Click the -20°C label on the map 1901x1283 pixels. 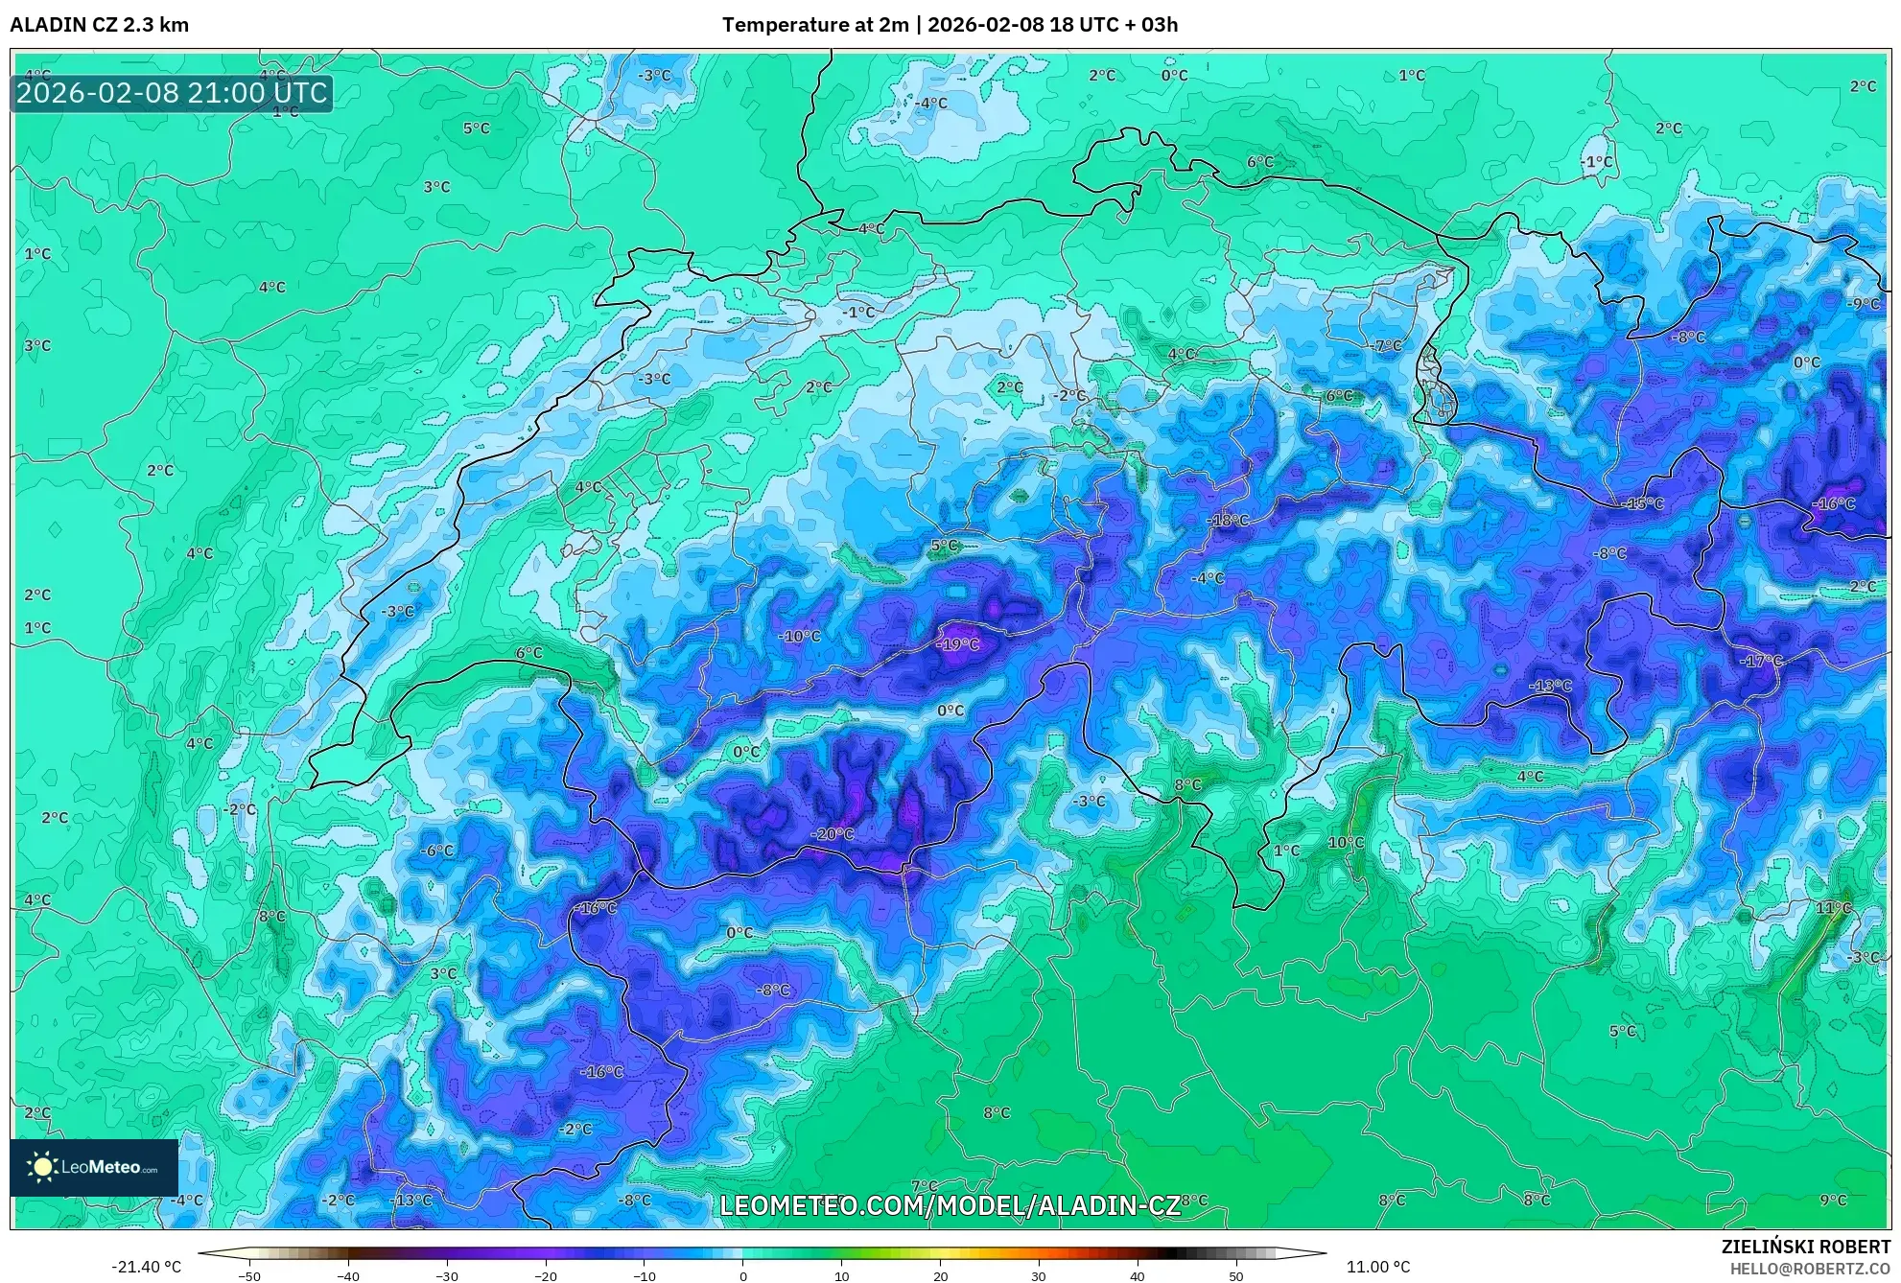(x=832, y=834)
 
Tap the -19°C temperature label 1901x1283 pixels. (x=958, y=644)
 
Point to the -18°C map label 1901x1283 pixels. (x=1228, y=521)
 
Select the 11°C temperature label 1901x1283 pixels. (x=1833, y=908)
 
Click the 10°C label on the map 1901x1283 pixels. (x=1345, y=843)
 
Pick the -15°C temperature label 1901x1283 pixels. (x=1642, y=504)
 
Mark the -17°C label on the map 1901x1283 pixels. (x=1761, y=661)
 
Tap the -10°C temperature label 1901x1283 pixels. (x=799, y=637)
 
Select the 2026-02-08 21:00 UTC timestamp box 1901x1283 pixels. (x=172, y=93)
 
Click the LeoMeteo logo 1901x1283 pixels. (x=94, y=1167)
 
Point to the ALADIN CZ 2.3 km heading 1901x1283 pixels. (x=100, y=25)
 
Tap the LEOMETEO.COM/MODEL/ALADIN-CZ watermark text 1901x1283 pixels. (x=950, y=1205)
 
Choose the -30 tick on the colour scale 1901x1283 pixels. (x=447, y=1276)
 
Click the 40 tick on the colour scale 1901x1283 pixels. (x=1138, y=1276)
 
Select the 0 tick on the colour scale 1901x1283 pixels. (x=742, y=1276)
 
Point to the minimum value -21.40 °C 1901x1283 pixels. (x=146, y=1267)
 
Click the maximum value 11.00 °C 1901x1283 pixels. (x=1378, y=1267)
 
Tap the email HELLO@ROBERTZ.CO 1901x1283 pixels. (x=1810, y=1268)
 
